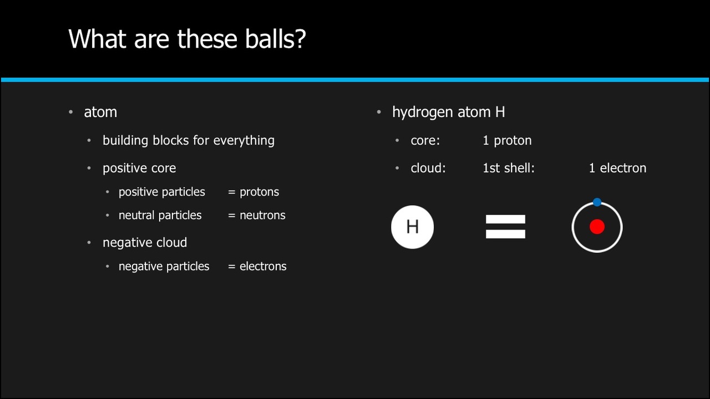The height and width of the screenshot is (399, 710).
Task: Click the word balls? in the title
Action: click(275, 39)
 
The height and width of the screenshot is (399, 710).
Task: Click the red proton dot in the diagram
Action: click(597, 227)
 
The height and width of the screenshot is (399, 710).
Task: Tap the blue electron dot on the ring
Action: click(597, 202)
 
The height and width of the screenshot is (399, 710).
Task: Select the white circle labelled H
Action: click(412, 227)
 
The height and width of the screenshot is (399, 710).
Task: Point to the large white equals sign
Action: click(505, 227)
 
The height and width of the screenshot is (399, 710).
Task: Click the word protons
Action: click(259, 192)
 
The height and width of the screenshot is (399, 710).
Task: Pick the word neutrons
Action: click(262, 216)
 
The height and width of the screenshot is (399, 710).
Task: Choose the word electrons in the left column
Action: click(263, 267)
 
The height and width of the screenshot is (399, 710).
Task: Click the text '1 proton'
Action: click(507, 141)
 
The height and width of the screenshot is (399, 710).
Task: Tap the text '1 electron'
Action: click(617, 168)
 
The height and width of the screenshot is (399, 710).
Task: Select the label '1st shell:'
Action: click(509, 168)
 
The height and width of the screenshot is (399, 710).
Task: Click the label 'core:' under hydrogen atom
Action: click(425, 141)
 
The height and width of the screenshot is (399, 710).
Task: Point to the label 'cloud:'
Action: click(428, 168)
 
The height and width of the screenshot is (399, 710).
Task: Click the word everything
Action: click(244, 141)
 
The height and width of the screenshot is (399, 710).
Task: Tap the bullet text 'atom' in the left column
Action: click(100, 112)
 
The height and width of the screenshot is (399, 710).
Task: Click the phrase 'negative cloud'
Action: click(145, 243)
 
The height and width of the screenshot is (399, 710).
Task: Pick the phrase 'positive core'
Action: click(139, 168)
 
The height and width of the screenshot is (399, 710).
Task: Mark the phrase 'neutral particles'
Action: click(160, 216)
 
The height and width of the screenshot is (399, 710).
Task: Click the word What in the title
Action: click(97, 39)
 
